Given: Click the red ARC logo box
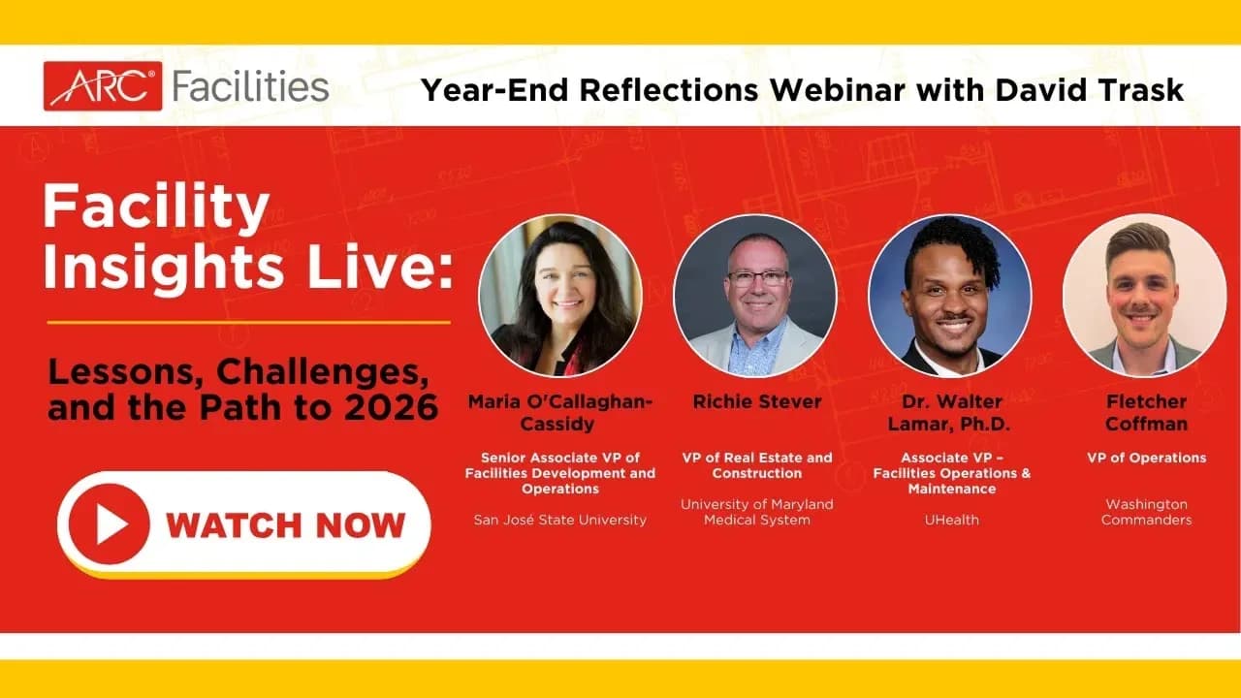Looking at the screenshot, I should coord(103,86).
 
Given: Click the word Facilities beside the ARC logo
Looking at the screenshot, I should coord(250,86).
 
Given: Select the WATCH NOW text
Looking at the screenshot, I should coord(285,525).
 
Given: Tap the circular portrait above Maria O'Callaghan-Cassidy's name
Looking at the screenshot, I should coord(560,295).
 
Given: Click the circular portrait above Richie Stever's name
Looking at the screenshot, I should coord(755,295).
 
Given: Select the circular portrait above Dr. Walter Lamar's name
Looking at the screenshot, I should coord(951,295).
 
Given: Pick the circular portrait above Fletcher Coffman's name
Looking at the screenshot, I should coord(1145,295).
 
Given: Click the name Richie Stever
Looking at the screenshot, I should coord(757,401).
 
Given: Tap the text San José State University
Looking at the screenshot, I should coord(559,520).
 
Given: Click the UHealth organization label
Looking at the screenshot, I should coord(951,520).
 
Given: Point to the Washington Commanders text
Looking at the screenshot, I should coord(1146,512).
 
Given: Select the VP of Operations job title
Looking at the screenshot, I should coord(1146,458).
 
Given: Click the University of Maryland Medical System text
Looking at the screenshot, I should coord(757,512).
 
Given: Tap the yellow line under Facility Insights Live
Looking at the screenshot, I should coord(248,322).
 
